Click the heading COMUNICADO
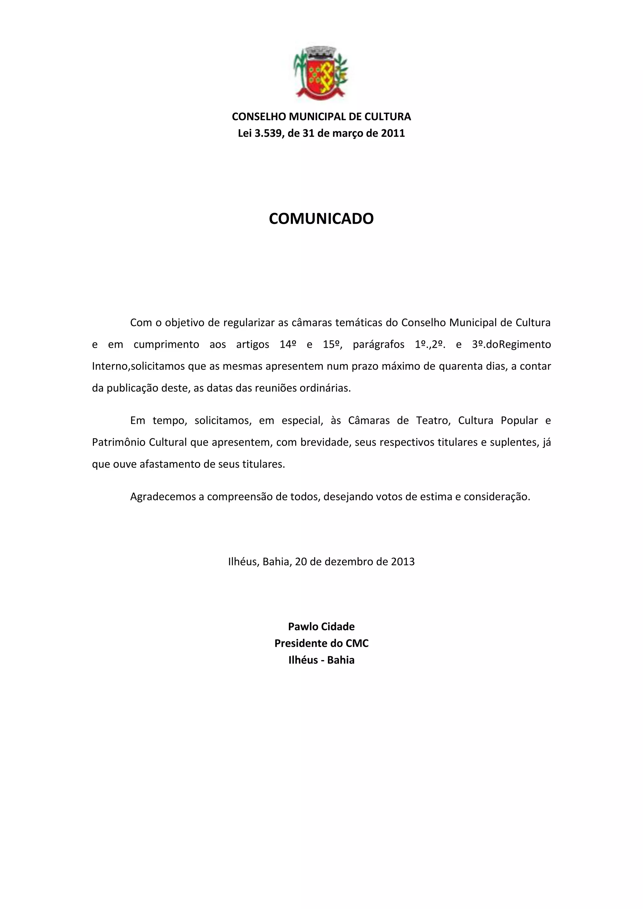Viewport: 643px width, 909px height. click(321, 218)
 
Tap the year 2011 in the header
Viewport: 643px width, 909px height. click(393, 133)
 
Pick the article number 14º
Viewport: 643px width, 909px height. click(288, 344)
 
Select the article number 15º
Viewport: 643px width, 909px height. click(332, 344)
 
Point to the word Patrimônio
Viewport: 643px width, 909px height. click(118, 442)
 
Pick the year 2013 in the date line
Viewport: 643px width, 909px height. click(403, 562)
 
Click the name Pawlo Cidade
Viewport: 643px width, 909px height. click(321, 626)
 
